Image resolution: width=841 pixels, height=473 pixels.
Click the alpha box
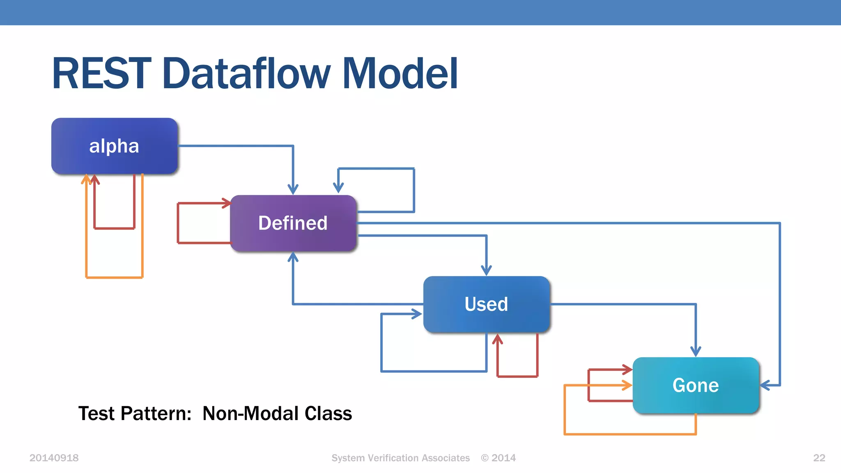[114, 146]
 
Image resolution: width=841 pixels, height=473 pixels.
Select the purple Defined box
[293, 223]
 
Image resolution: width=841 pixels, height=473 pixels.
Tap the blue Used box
[486, 304]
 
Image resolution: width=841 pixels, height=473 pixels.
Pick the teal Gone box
[696, 385]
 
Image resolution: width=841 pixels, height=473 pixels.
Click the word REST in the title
[101, 74]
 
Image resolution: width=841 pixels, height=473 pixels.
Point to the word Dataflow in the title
[246, 74]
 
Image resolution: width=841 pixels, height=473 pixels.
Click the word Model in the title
[400, 74]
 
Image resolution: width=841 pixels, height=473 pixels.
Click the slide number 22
[819, 458]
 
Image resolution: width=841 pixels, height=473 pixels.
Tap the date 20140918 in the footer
[54, 458]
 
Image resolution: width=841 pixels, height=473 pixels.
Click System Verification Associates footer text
[400, 458]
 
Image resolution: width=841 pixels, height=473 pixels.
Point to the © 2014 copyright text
[498, 458]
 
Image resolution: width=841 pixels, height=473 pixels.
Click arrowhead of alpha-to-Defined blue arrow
[293, 190]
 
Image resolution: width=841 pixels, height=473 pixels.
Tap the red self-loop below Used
[517, 376]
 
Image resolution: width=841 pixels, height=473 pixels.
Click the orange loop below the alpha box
[114, 278]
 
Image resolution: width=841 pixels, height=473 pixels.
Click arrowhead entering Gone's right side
[765, 385]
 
